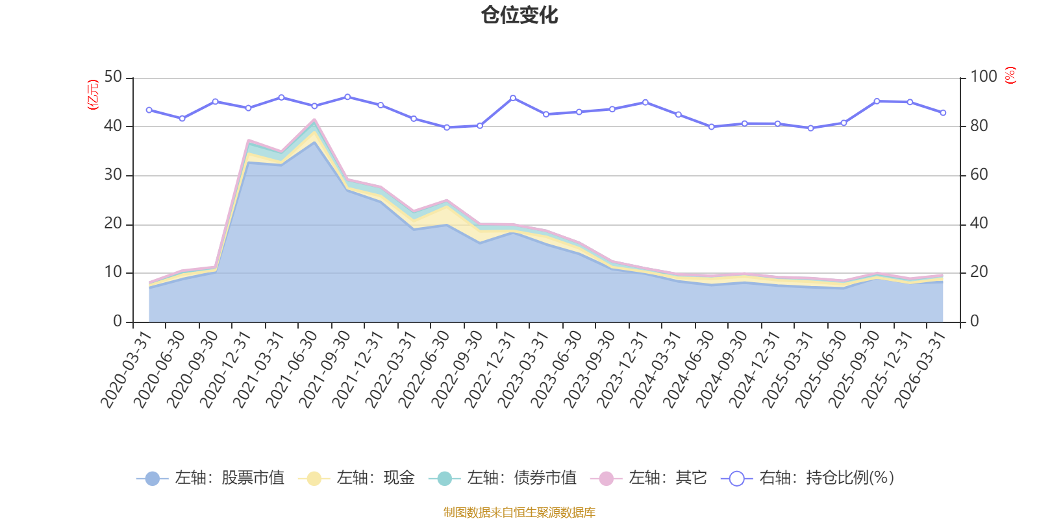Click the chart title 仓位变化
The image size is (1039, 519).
(519, 16)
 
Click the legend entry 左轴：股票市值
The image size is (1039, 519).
(210, 477)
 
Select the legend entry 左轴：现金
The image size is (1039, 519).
(356, 477)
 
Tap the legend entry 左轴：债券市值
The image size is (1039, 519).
(503, 477)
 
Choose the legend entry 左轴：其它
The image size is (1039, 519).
(649, 477)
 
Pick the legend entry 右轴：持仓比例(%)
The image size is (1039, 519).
(807, 477)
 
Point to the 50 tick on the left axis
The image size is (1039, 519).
(113, 77)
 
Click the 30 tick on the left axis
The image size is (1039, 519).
(113, 175)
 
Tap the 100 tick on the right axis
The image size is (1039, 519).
(983, 77)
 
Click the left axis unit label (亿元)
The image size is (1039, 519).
(93, 95)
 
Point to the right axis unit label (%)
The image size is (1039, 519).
(1010, 75)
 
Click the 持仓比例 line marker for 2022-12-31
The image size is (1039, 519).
(513, 98)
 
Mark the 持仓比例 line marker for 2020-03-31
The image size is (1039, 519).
(149, 110)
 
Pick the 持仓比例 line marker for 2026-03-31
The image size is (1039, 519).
(943, 113)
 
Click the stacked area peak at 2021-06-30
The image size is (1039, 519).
(314, 120)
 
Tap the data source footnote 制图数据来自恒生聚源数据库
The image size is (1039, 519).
(519, 512)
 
